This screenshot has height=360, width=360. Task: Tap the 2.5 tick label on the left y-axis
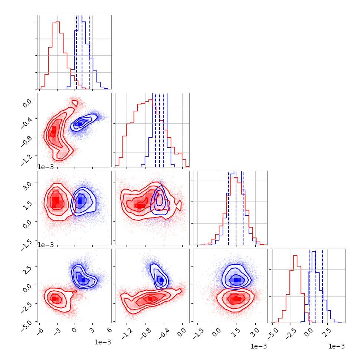pos(29,268)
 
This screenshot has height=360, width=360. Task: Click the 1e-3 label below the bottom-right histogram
pos(336,346)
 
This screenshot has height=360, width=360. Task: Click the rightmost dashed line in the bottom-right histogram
pos(323,286)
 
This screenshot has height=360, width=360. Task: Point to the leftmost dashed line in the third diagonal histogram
pos(229,208)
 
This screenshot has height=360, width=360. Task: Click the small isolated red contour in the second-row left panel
pos(75,103)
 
